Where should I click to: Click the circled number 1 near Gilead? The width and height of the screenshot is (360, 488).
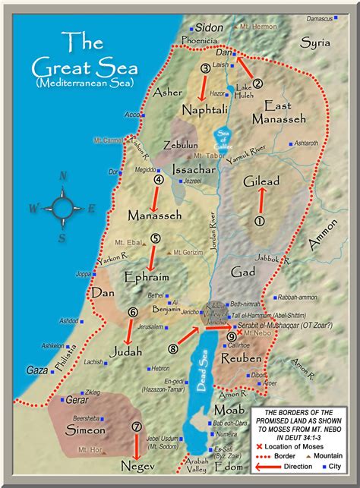258,221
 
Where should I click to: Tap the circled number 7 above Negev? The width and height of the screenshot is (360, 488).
137,427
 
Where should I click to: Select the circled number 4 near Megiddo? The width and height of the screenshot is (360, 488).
159,180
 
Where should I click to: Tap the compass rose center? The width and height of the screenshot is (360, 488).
62,206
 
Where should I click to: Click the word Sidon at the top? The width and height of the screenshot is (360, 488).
210,27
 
